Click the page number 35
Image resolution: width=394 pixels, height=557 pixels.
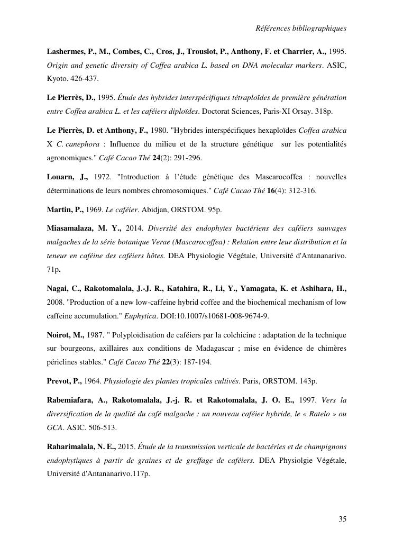coord(342,519)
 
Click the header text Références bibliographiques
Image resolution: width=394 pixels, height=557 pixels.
coord(301,28)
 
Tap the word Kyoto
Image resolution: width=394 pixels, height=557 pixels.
coord(57,78)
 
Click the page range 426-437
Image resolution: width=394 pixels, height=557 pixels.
coord(84,78)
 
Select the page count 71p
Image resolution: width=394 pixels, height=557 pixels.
coord(53,269)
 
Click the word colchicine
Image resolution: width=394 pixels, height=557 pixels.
coord(220,335)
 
